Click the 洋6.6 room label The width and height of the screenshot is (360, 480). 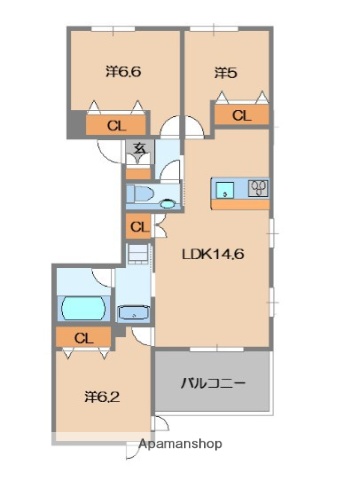124,72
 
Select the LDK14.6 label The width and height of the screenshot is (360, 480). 212,253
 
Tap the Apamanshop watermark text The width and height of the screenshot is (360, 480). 182,444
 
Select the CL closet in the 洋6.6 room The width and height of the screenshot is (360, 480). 116,126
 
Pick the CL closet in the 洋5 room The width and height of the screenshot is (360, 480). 240,116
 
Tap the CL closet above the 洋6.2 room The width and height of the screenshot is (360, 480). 84,338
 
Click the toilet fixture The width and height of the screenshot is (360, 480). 141,195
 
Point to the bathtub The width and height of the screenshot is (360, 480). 83,305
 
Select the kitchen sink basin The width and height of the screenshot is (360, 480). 227,188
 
